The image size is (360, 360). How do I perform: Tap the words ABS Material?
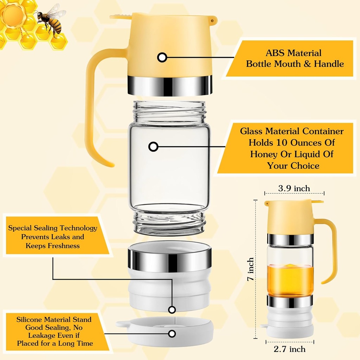point(294,53)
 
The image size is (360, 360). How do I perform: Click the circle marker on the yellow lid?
point(162,57)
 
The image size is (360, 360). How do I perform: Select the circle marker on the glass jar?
point(153,147)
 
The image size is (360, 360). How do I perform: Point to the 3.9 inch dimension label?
point(294,188)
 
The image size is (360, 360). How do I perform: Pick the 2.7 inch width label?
point(290,349)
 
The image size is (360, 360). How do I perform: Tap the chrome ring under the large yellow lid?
point(170,85)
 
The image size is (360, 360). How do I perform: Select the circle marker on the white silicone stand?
point(172,334)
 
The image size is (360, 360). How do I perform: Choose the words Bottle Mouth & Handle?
point(295,64)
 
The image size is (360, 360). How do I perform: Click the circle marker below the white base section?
point(172,309)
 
